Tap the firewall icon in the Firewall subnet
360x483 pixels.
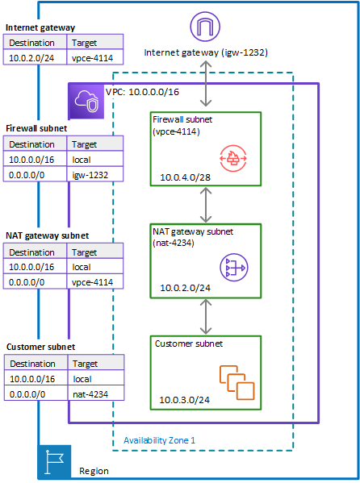click(234, 158)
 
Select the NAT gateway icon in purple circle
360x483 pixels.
click(234, 267)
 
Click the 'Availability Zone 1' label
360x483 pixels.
click(159, 440)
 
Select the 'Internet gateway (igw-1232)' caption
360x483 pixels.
click(207, 52)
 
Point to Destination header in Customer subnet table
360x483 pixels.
click(37, 363)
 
